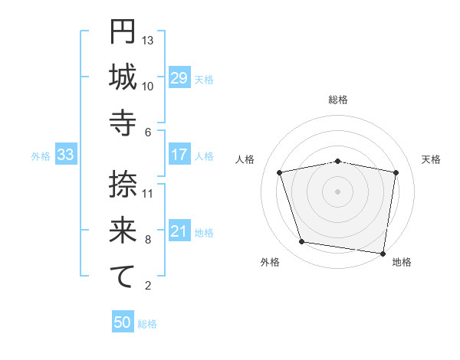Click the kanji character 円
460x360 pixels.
tap(123, 33)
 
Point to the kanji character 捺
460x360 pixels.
tap(123, 185)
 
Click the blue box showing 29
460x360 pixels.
tap(179, 78)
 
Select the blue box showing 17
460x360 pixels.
tap(179, 155)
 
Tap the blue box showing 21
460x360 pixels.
tap(179, 232)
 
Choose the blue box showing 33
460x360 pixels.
tap(66, 155)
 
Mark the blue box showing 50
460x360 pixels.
tap(123, 322)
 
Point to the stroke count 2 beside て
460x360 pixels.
tap(147, 286)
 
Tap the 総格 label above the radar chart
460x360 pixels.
tap(338, 100)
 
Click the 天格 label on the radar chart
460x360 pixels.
tap(431, 159)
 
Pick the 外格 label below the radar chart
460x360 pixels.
tap(270, 262)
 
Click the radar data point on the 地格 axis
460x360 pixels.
tap(383, 253)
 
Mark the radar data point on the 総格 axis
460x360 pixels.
tap(338, 161)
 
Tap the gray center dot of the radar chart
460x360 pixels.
tap(338, 191)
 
